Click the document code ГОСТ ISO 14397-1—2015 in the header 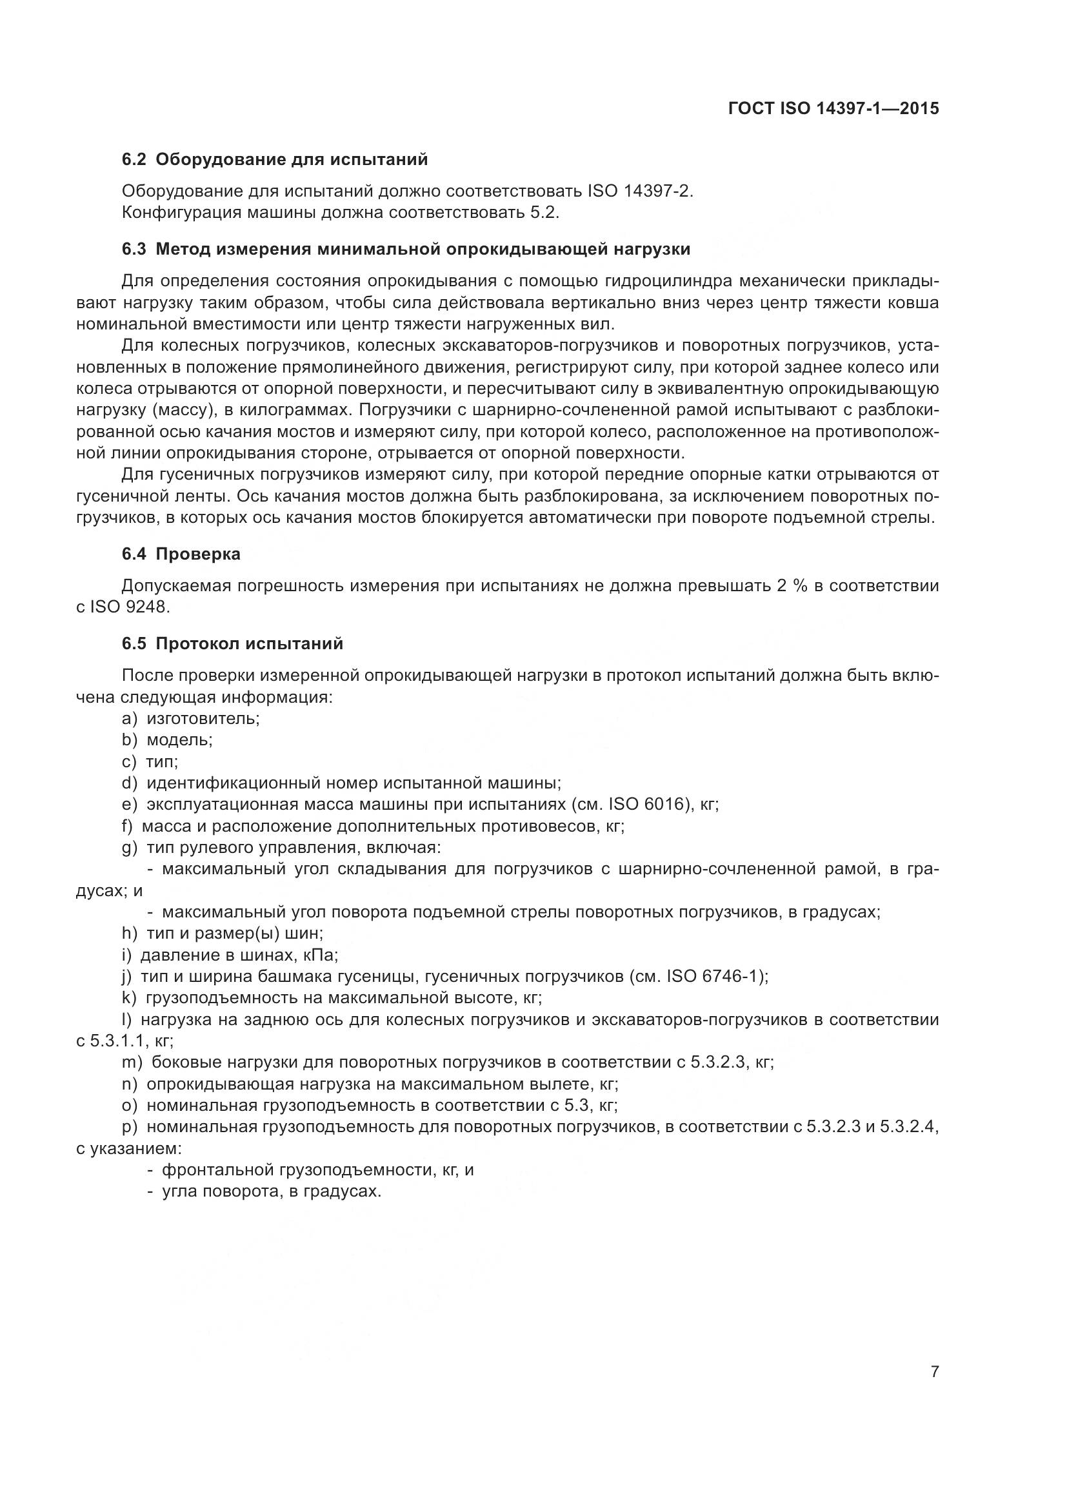point(833,108)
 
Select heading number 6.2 point(134,160)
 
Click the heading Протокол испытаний point(249,643)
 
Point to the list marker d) point(130,783)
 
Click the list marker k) point(129,998)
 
